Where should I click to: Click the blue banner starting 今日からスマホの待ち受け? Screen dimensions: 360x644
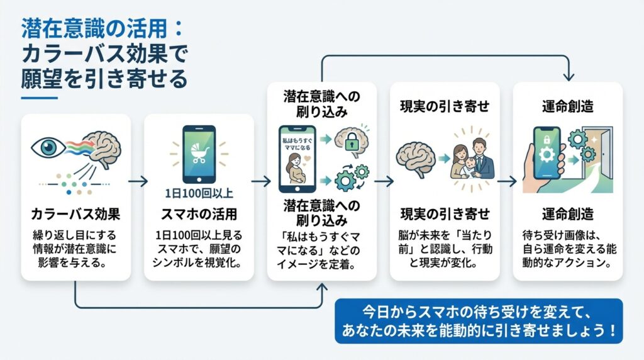pos(478,320)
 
